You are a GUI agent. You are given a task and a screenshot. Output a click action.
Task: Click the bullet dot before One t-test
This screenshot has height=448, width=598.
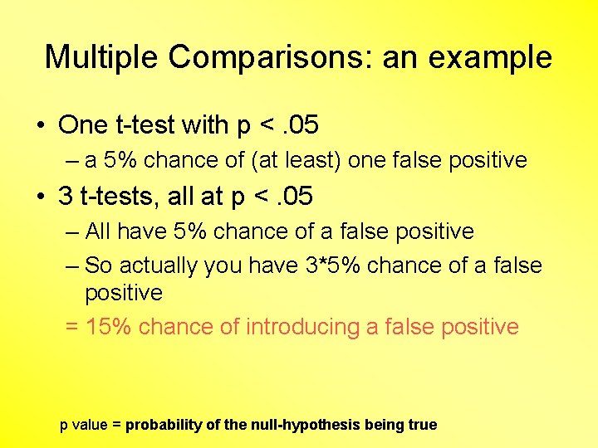[41, 125]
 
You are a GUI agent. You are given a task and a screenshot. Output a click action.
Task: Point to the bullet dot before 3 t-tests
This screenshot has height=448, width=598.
[41, 197]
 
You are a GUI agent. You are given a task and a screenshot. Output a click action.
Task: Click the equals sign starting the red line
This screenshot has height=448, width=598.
[71, 327]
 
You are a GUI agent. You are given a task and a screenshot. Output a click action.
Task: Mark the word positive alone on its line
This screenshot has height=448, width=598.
[124, 293]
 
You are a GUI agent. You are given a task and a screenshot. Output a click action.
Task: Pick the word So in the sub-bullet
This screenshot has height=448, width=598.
[99, 265]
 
